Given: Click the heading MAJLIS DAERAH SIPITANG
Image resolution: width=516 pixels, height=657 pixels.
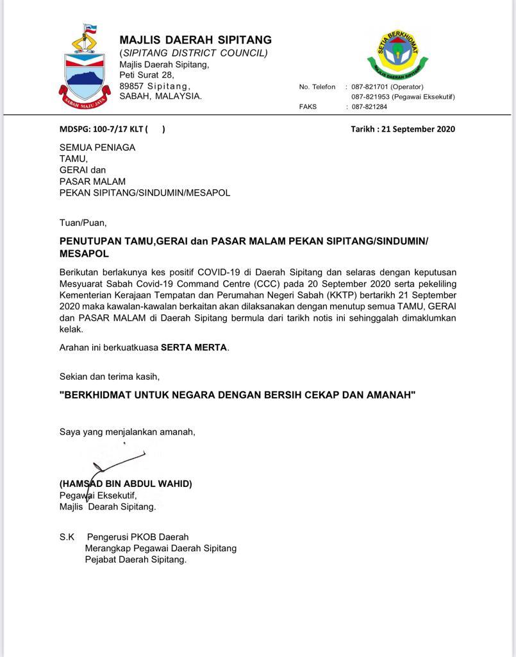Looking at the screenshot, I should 195,40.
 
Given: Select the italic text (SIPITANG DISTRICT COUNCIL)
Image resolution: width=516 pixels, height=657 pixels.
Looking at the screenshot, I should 194,53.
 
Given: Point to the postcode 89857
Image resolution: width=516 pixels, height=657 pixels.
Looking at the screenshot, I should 131,86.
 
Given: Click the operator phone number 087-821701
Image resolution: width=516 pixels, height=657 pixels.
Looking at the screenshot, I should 369,87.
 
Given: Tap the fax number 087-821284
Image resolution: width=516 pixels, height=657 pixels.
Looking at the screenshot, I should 369,107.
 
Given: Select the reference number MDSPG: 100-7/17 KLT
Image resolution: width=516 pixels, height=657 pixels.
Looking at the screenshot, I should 103,129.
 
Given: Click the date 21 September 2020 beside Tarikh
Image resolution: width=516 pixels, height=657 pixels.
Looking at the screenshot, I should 418,129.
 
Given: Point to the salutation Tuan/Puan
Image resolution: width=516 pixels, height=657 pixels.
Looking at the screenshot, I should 83,223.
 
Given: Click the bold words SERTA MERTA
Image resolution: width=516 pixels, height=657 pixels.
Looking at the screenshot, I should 194,348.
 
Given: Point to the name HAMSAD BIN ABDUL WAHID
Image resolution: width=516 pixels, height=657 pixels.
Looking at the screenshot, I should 126,484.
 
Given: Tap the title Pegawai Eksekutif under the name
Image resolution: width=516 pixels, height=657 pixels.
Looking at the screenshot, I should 97,495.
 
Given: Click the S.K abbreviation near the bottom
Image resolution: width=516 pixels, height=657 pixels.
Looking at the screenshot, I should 67,537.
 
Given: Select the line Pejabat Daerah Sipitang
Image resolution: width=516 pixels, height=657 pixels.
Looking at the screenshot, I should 135,559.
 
